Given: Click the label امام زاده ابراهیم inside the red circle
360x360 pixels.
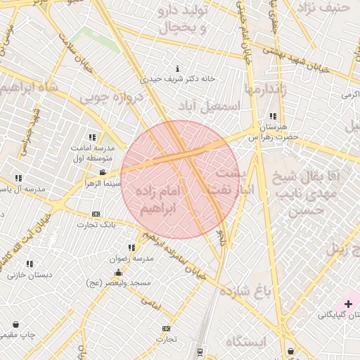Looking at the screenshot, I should (161, 200).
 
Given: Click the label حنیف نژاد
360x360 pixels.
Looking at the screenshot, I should (323, 8).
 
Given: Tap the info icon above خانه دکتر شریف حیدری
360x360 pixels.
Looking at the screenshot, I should (177, 69).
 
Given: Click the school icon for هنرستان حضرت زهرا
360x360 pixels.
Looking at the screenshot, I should (273, 117).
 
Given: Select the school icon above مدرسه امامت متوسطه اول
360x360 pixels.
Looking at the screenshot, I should (92, 137).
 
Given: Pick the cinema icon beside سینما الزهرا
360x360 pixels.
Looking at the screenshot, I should (103, 172).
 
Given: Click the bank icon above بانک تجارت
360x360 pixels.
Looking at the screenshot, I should (96, 214).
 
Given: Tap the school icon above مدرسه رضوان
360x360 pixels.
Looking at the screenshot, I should (131, 247).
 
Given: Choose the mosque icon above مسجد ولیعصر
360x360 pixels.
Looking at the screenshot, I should (118, 271).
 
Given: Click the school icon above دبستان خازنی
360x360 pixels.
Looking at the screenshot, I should (29, 264).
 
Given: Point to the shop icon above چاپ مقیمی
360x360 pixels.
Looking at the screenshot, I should (15, 325).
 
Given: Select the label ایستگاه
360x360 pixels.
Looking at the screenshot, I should (247, 342).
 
